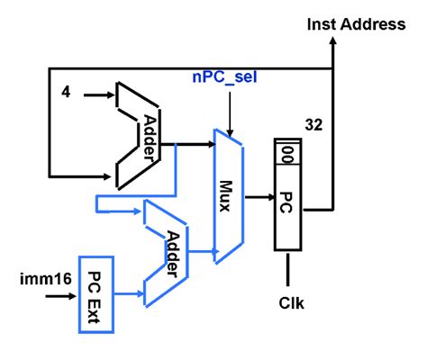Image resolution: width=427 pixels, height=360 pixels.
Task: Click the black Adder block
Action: pos(139,135)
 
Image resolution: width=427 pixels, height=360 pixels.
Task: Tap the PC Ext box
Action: pos(95,292)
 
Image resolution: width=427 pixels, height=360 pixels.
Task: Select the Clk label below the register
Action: pos(290,302)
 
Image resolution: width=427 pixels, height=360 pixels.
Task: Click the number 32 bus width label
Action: pos(313,123)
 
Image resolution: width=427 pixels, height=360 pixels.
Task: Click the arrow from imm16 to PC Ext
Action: pos(68,292)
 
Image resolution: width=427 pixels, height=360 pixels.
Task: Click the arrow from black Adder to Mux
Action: pos(188,141)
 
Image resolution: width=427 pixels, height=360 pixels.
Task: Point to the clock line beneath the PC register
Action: pos(289,267)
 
